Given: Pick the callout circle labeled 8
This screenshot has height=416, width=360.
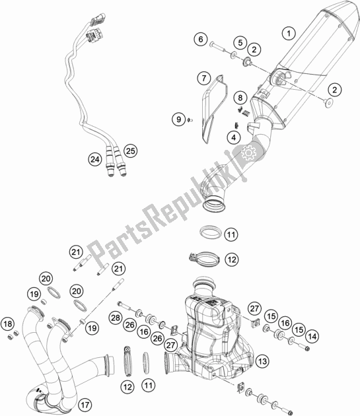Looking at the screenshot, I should [242, 98].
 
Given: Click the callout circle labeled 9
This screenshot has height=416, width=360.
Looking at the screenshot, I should [178, 119].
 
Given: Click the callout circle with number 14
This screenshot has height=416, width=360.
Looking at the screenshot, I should [312, 336].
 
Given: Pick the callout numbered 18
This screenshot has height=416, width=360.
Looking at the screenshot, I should [7, 323].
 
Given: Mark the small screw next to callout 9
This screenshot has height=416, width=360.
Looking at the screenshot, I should [189, 120].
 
